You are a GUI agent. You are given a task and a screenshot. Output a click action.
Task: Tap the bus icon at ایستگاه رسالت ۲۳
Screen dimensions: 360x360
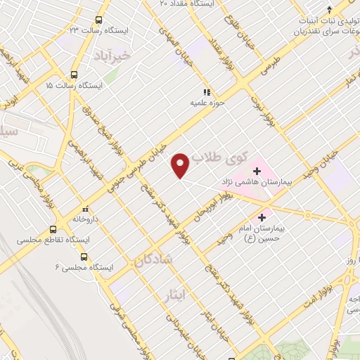[98, 20]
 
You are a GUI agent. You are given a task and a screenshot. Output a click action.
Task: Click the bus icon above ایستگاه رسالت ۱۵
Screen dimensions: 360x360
[75, 75]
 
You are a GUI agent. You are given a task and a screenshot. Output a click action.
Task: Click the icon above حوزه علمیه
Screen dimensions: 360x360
[207, 92]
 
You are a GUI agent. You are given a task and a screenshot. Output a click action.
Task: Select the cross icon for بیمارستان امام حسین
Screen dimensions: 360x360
[264, 217]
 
